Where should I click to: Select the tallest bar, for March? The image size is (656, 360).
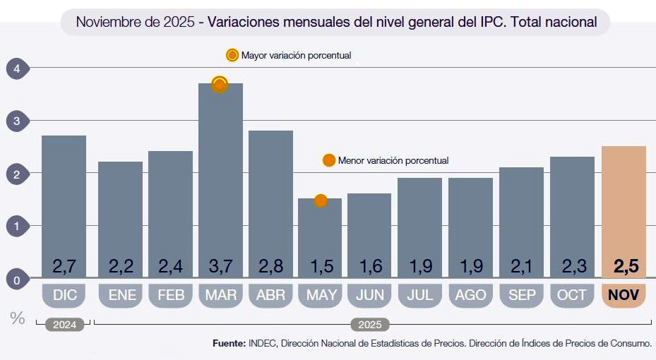220,176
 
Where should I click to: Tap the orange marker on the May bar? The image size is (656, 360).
321,200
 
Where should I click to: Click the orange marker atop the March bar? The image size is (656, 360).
220,85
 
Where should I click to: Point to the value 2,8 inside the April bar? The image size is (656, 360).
270,266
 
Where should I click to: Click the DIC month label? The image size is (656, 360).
64,295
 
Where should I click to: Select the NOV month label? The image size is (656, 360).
624,295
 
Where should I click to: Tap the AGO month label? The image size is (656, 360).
470,295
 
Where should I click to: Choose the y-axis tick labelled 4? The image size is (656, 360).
18,68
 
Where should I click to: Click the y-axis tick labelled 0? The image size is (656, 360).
18,280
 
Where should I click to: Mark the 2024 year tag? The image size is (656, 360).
64,325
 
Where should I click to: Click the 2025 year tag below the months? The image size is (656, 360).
370,325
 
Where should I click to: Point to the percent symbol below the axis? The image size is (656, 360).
18,318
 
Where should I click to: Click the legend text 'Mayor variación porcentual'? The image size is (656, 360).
296,55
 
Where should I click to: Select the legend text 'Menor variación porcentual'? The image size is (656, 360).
393,161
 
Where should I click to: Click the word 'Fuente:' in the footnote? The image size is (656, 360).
229,343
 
